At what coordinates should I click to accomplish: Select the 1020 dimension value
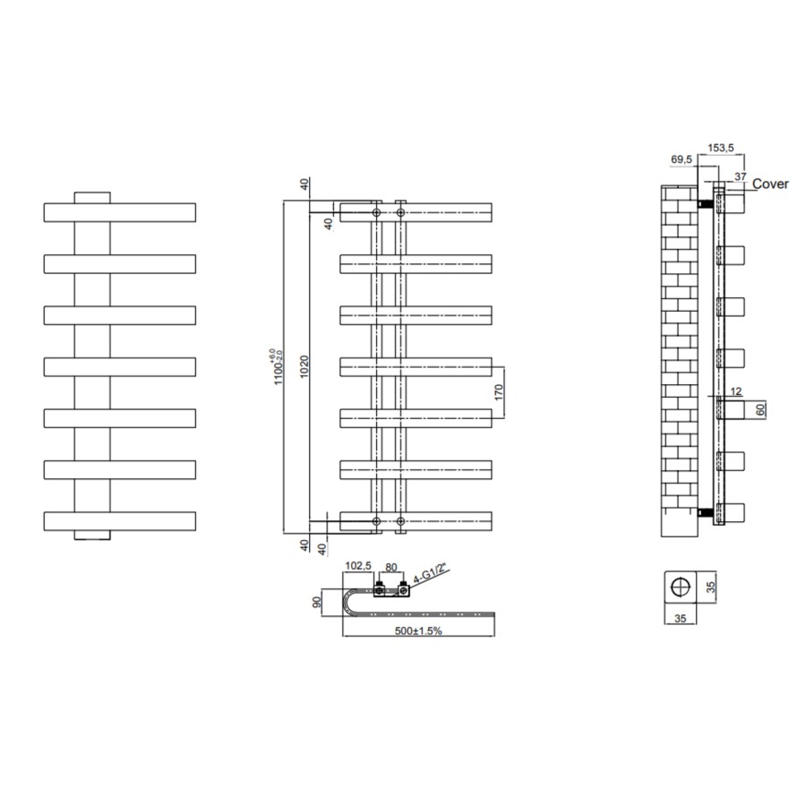click(304, 367)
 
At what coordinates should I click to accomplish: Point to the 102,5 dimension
click(357, 566)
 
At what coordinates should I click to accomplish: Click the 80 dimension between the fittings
click(390, 566)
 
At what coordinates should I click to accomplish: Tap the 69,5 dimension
click(681, 160)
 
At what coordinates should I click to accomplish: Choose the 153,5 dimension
click(722, 147)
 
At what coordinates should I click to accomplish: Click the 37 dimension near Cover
click(739, 176)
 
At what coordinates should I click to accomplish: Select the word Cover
click(770, 184)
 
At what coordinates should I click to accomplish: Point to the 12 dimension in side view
click(736, 390)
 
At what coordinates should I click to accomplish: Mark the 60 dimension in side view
click(761, 409)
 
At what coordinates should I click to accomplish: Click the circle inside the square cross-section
click(682, 587)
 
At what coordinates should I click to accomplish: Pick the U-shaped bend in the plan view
click(351, 603)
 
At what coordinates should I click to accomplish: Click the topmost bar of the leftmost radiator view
click(120, 212)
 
